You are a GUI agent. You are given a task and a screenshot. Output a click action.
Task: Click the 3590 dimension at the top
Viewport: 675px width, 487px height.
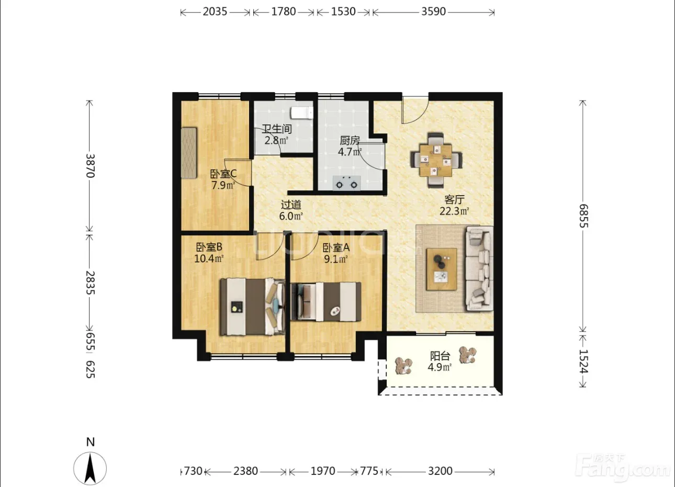click(433, 12)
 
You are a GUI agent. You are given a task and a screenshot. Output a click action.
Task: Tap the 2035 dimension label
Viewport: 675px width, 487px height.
click(215, 12)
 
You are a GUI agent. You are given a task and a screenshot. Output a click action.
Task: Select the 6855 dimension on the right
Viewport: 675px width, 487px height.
click(583, 216)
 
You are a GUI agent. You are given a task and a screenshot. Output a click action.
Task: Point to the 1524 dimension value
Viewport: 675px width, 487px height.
click(583, 361)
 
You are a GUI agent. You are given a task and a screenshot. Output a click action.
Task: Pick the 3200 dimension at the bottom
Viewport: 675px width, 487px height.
click(440, 471)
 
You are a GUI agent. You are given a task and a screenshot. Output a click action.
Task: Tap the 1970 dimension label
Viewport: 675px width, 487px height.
click(323, 471)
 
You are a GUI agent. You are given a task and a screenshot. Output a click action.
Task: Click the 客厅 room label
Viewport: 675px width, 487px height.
click(454, 200)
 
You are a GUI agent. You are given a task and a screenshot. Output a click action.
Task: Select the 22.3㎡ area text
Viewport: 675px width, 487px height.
click(454, 211)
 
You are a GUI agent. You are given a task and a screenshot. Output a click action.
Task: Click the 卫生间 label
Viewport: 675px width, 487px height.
click(277, 129)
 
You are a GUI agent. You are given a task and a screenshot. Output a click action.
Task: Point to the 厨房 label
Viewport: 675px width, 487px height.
click(350, 140)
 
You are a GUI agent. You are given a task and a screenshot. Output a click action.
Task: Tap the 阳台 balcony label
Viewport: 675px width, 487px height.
click(440, 356)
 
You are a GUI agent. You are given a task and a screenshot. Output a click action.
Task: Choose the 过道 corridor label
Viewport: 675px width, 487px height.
click(291, 205)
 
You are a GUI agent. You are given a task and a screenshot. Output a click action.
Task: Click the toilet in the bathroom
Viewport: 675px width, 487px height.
click(301, 112)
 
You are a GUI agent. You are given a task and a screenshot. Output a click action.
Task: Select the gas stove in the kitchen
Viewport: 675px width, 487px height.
click(346, 183)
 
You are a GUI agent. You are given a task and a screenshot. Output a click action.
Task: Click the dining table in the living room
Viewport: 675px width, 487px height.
click(436, 161)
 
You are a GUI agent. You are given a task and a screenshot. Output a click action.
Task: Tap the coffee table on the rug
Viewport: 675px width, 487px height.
click(442, 269)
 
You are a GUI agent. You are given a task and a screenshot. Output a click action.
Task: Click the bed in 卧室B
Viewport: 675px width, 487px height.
click(253, 307)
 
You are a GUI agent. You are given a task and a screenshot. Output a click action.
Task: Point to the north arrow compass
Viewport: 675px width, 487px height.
click(90, 469)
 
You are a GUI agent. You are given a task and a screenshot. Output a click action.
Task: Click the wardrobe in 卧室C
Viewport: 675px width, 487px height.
click(189, 153)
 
